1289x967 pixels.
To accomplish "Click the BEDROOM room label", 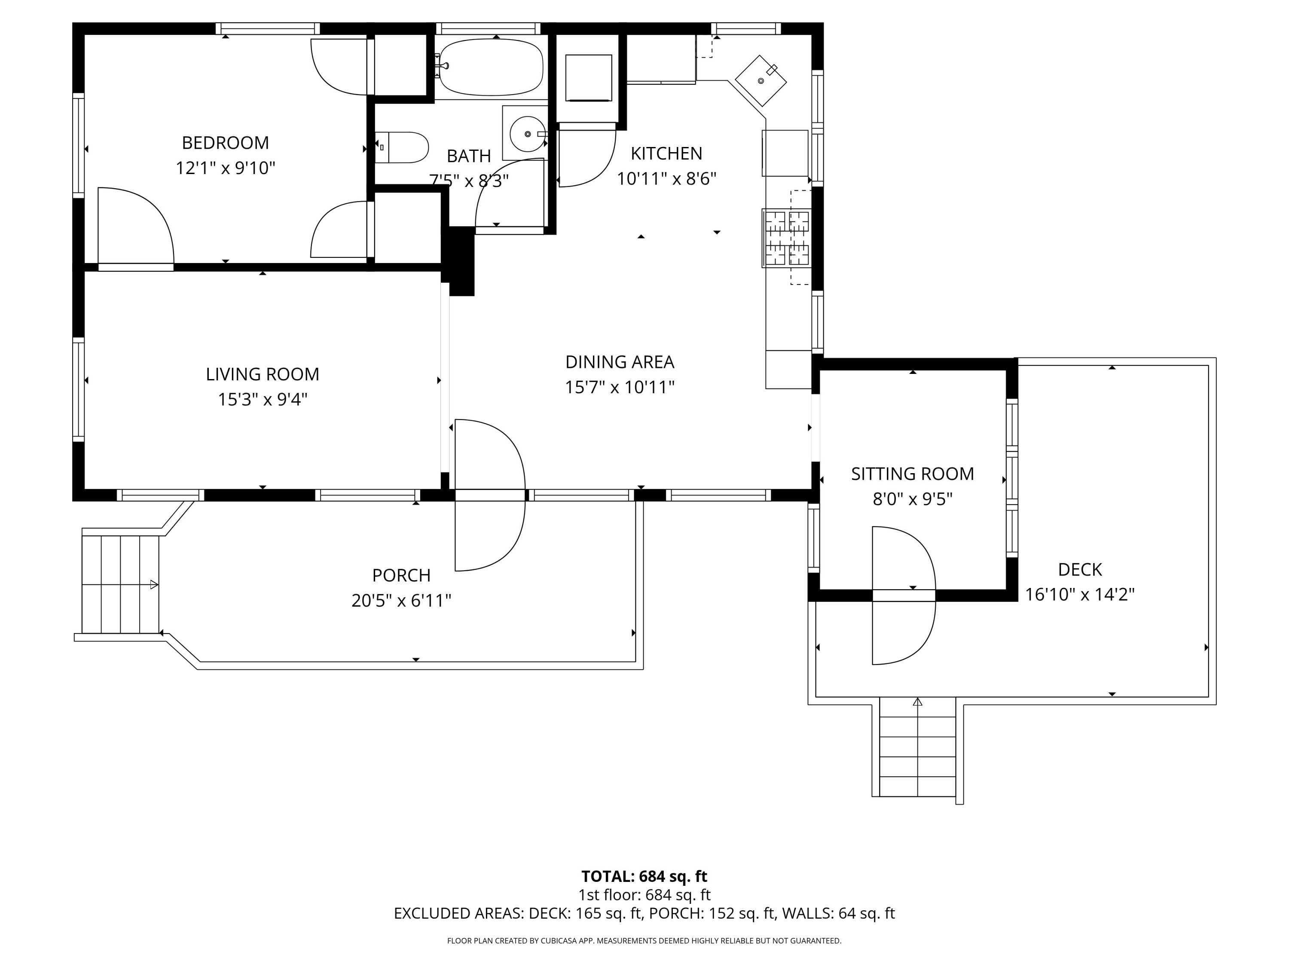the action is (x=226, y=143).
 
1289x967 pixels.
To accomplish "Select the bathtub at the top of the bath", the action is (x=490, y=67).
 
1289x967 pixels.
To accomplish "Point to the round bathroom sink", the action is (x=527, y=134).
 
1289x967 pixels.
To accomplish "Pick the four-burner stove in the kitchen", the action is (x=787, y=239).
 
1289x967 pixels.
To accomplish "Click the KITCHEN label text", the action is (x=667, y=153).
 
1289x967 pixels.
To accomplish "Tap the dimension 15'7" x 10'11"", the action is (x=620, y=387).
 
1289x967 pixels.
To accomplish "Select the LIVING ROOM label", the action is (x=263, y=374).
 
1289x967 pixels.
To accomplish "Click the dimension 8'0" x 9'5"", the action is (x=913, y=499).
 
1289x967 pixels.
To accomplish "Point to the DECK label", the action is (x=1080, y=569).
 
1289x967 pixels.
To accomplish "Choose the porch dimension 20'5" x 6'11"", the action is (x=401, y=600).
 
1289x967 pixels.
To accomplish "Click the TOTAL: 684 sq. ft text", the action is (x=644, y=876).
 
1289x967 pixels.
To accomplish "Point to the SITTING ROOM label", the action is (x=913, y=474).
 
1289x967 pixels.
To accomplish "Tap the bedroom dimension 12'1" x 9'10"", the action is (x=226, y=168).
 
